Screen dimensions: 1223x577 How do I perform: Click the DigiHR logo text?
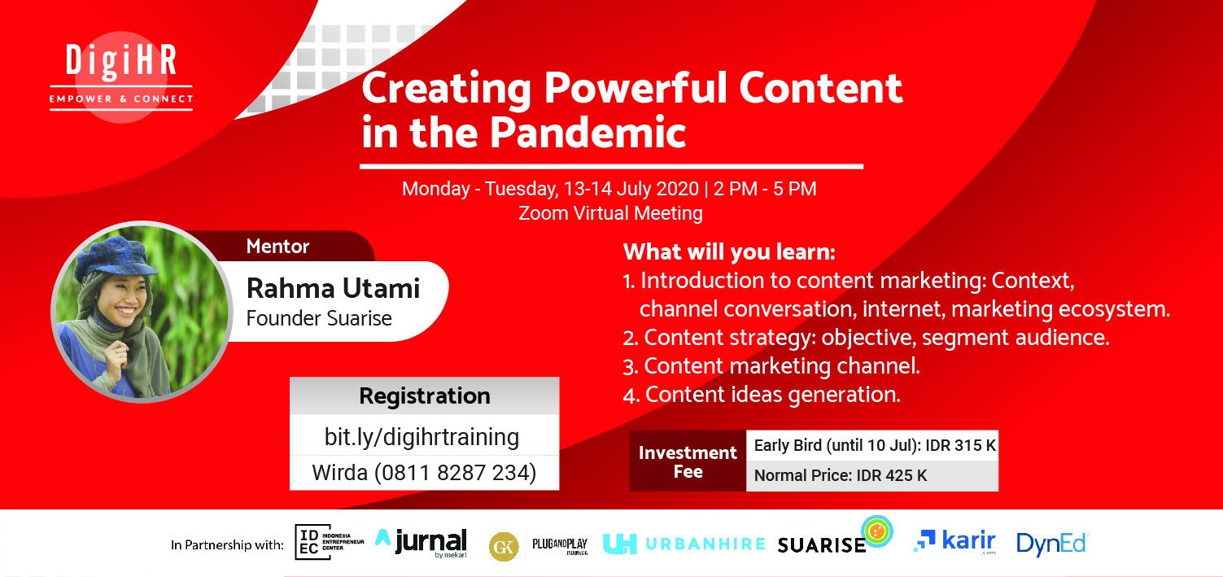pos(121,60)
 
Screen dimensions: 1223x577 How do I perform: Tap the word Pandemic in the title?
pos(587,133)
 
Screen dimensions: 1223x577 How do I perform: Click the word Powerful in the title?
pos(636,88)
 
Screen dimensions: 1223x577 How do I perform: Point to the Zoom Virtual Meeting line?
pos(610,213)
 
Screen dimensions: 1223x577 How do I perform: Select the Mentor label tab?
pos(277,247)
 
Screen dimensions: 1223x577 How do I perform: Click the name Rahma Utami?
pos(333,288)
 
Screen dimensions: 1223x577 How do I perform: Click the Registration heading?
pos(424,396)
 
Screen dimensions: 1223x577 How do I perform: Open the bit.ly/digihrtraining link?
pos(421,437)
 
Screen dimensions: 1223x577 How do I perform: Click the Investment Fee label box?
pos(688,461)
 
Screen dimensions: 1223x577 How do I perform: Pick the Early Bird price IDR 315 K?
pos(960,445)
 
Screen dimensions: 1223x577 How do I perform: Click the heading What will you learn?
pos(729,251)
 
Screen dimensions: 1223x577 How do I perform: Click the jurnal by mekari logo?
pos(421,543)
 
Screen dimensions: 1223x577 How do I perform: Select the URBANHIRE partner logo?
pos(684,544)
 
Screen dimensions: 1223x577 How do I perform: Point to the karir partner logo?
pos(954,541)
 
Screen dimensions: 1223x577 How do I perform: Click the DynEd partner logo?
pos(1051,544)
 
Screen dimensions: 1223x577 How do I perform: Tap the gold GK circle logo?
pos(504,546)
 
